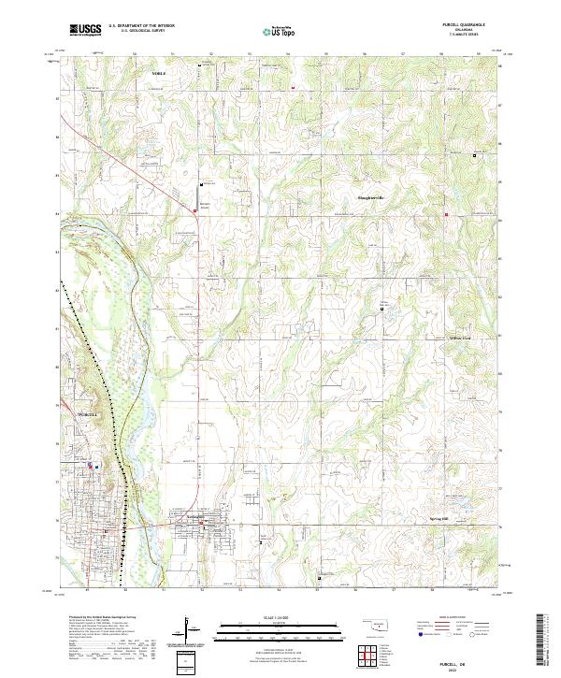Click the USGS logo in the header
[x=85, y=30]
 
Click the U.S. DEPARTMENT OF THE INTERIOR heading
[x=141, y=26]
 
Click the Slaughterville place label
[x=372, y=197]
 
